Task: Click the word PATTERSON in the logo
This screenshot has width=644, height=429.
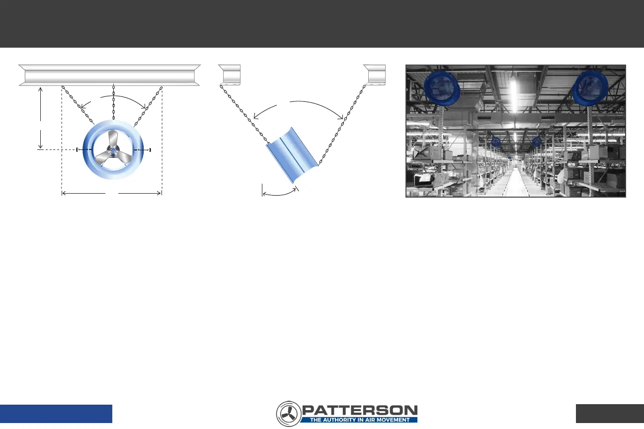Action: tap(360, 410)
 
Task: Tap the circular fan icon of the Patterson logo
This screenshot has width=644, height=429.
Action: tap(289, 414)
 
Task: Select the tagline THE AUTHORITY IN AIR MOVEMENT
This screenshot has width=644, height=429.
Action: tap(360, 420)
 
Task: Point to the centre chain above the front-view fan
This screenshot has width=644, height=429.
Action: tap(114, 102)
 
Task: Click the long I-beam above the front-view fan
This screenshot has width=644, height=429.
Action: tap(109, 75)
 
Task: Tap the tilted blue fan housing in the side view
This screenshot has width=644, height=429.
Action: tap(292, 155)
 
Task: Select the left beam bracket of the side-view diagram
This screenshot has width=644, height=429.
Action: tap(230, 74)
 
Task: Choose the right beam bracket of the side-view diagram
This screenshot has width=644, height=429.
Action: tap(374, 74)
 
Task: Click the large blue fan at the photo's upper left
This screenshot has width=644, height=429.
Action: tap(442, 88)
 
